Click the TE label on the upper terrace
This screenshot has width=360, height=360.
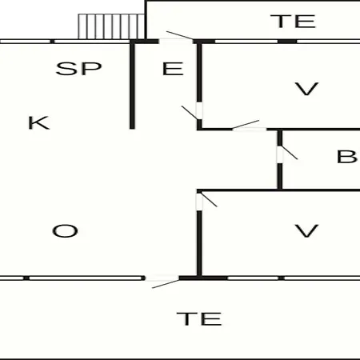pyautogui.click(x=293, y=22)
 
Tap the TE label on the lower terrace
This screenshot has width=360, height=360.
pyautogui.click(x=199, y=318)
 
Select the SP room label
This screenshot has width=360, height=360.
pyautogui.click(x=79, y=69)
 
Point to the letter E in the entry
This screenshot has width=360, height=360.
pyautogui.click(x=173, y=69)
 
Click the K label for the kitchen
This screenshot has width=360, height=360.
pyautogui.click(x=39, y=122)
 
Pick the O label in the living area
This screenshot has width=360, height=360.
pyautogui.click(x=65, y=231)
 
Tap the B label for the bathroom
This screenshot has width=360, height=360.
pyautogui.click(x=346, y=157)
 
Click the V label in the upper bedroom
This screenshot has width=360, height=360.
pyautogui.click(x=306, y=89)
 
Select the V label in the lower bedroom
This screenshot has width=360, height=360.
pyautogui.click(x=306, y=231)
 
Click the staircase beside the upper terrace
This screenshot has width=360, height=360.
pyautogui.click(x=111, y=26)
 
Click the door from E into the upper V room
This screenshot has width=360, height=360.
pyautogui.click(x=192, y=110)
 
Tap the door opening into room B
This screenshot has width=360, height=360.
pyautogui.click(x=287, y=154)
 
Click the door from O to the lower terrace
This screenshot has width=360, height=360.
pyautogui.click(x=162, y=282)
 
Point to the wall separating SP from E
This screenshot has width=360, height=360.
pyautogui.click(x=132, y=86)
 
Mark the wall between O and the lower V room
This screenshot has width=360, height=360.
pyautogui.click(x=199, y=243)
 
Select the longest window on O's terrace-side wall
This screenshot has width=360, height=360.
pyautogui.click(x=86, y=278)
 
